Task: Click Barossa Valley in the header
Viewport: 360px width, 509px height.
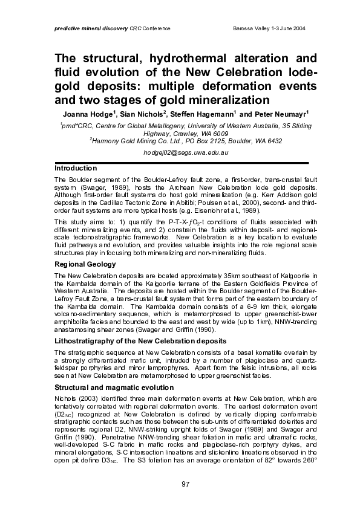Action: coord(249,29)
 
